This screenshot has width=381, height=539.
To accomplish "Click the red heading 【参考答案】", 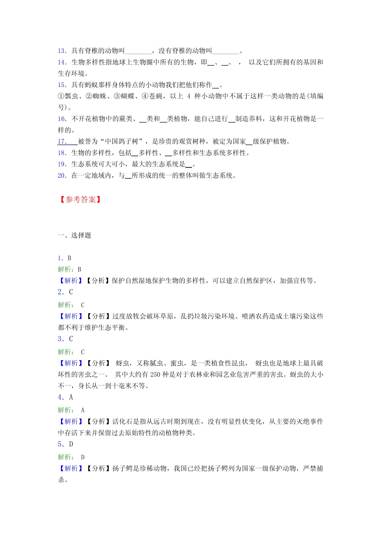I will pos(80,200).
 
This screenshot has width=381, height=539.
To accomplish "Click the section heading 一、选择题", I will pos(75,235).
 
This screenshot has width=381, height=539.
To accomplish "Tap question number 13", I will pos(62,51).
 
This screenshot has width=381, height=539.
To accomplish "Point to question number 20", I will pos(62,176).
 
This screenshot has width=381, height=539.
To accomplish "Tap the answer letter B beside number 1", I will pos(69,258).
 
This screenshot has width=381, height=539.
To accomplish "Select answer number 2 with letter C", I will pos(65,292).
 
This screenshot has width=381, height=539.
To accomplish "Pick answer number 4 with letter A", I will pos(65,397).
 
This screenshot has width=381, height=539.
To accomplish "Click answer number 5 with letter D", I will pos(65,444).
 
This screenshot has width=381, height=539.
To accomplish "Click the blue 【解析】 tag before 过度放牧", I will pos(71,316).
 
